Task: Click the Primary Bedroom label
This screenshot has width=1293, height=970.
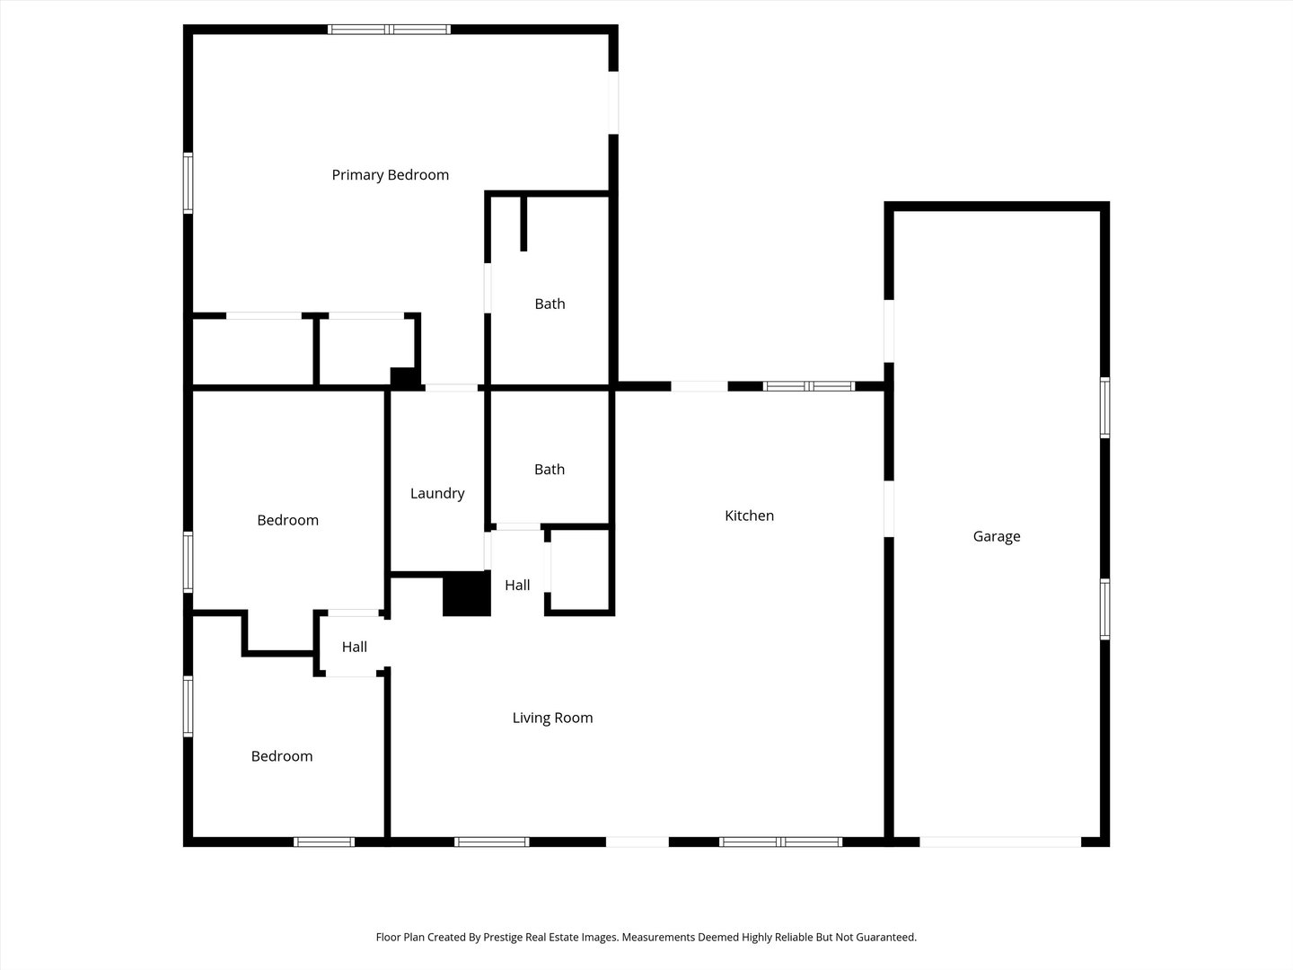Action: click(390, 175)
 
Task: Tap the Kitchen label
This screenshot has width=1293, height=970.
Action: click(749, 516)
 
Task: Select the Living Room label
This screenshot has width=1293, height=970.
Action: click(552, 718)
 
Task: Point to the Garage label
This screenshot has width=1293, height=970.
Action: click(996, 536)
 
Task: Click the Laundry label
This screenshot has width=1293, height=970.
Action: click(437, 493)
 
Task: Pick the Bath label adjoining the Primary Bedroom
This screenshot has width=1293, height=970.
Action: click(550, 304)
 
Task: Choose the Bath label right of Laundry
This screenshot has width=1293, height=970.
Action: click(549, 469)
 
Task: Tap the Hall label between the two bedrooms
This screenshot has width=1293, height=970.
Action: click(354, 647)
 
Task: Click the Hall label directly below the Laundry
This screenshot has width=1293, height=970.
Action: click(516, 585)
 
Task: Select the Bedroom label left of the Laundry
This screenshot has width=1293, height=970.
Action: click(287, 520)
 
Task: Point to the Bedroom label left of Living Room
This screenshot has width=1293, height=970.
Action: click(282, 756)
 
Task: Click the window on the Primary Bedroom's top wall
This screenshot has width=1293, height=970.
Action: click(389, 30)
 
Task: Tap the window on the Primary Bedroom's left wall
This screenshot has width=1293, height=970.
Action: click(188, 183)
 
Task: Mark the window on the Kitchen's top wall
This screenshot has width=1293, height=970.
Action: click(808, 386)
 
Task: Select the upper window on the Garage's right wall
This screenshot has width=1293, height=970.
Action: click(1104, 408)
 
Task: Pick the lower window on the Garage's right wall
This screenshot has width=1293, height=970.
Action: click(1104, 609)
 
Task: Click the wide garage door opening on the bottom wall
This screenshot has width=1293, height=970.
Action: click(1000, 842)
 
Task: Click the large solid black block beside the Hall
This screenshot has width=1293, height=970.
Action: click(466, 594)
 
